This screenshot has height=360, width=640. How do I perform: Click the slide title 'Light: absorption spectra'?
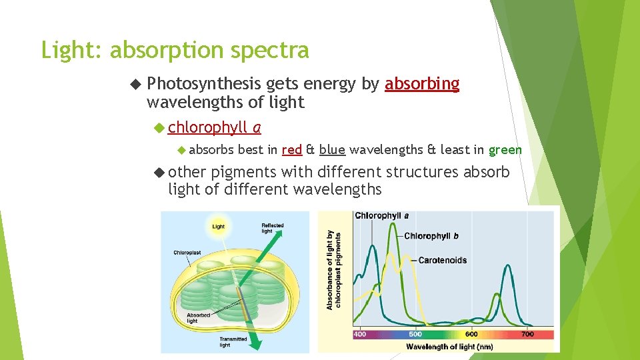pyautogui.click(x=175, y=51)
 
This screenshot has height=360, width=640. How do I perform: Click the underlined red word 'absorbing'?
pyautogui.click(x=422, y=84)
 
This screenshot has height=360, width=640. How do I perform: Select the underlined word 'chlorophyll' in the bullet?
pyautogui.click(x=208, y=127)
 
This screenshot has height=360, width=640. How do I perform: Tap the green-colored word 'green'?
pyautogui.click(x=505, y=149)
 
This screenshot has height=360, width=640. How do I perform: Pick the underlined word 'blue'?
pyautogui.click(x=331, y=149)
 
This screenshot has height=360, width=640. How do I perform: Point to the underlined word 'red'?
pyautogui.click(x=292, y=149)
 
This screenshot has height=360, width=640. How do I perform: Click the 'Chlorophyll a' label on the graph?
pyautogui.click(x=381, y=215)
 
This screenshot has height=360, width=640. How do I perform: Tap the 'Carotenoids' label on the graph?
pyautogui.click(x=442, y=260)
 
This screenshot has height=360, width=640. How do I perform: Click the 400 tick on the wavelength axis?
pyautogui.click(x=359, y=334)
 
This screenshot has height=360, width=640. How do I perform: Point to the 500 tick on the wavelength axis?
pyautogui.click(x=415, y=334)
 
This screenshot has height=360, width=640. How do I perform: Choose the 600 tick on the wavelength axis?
pyautogui.click(x=471, y=334)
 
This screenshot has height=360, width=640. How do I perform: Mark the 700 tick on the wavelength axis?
pyautogui.click(x=527, y=334)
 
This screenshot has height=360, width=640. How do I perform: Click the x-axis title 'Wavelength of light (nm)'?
pyautogui.click(x=449, y=346)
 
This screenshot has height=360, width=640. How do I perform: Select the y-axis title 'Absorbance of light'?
pyautogui.click(x=333, y=270)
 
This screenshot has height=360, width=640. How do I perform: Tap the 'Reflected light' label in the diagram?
pyautogui.click(x=272, y=228)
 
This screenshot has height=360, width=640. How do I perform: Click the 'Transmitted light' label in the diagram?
pyautogui.click(x=234, y=342)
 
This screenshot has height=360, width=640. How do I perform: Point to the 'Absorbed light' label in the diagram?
pyautogui.click(x=198, y=318)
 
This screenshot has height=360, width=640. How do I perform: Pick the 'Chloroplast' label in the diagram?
pyautogui.click(x=187, y=253)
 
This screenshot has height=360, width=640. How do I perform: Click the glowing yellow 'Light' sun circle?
pyautogui.click(x=218, y=226)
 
